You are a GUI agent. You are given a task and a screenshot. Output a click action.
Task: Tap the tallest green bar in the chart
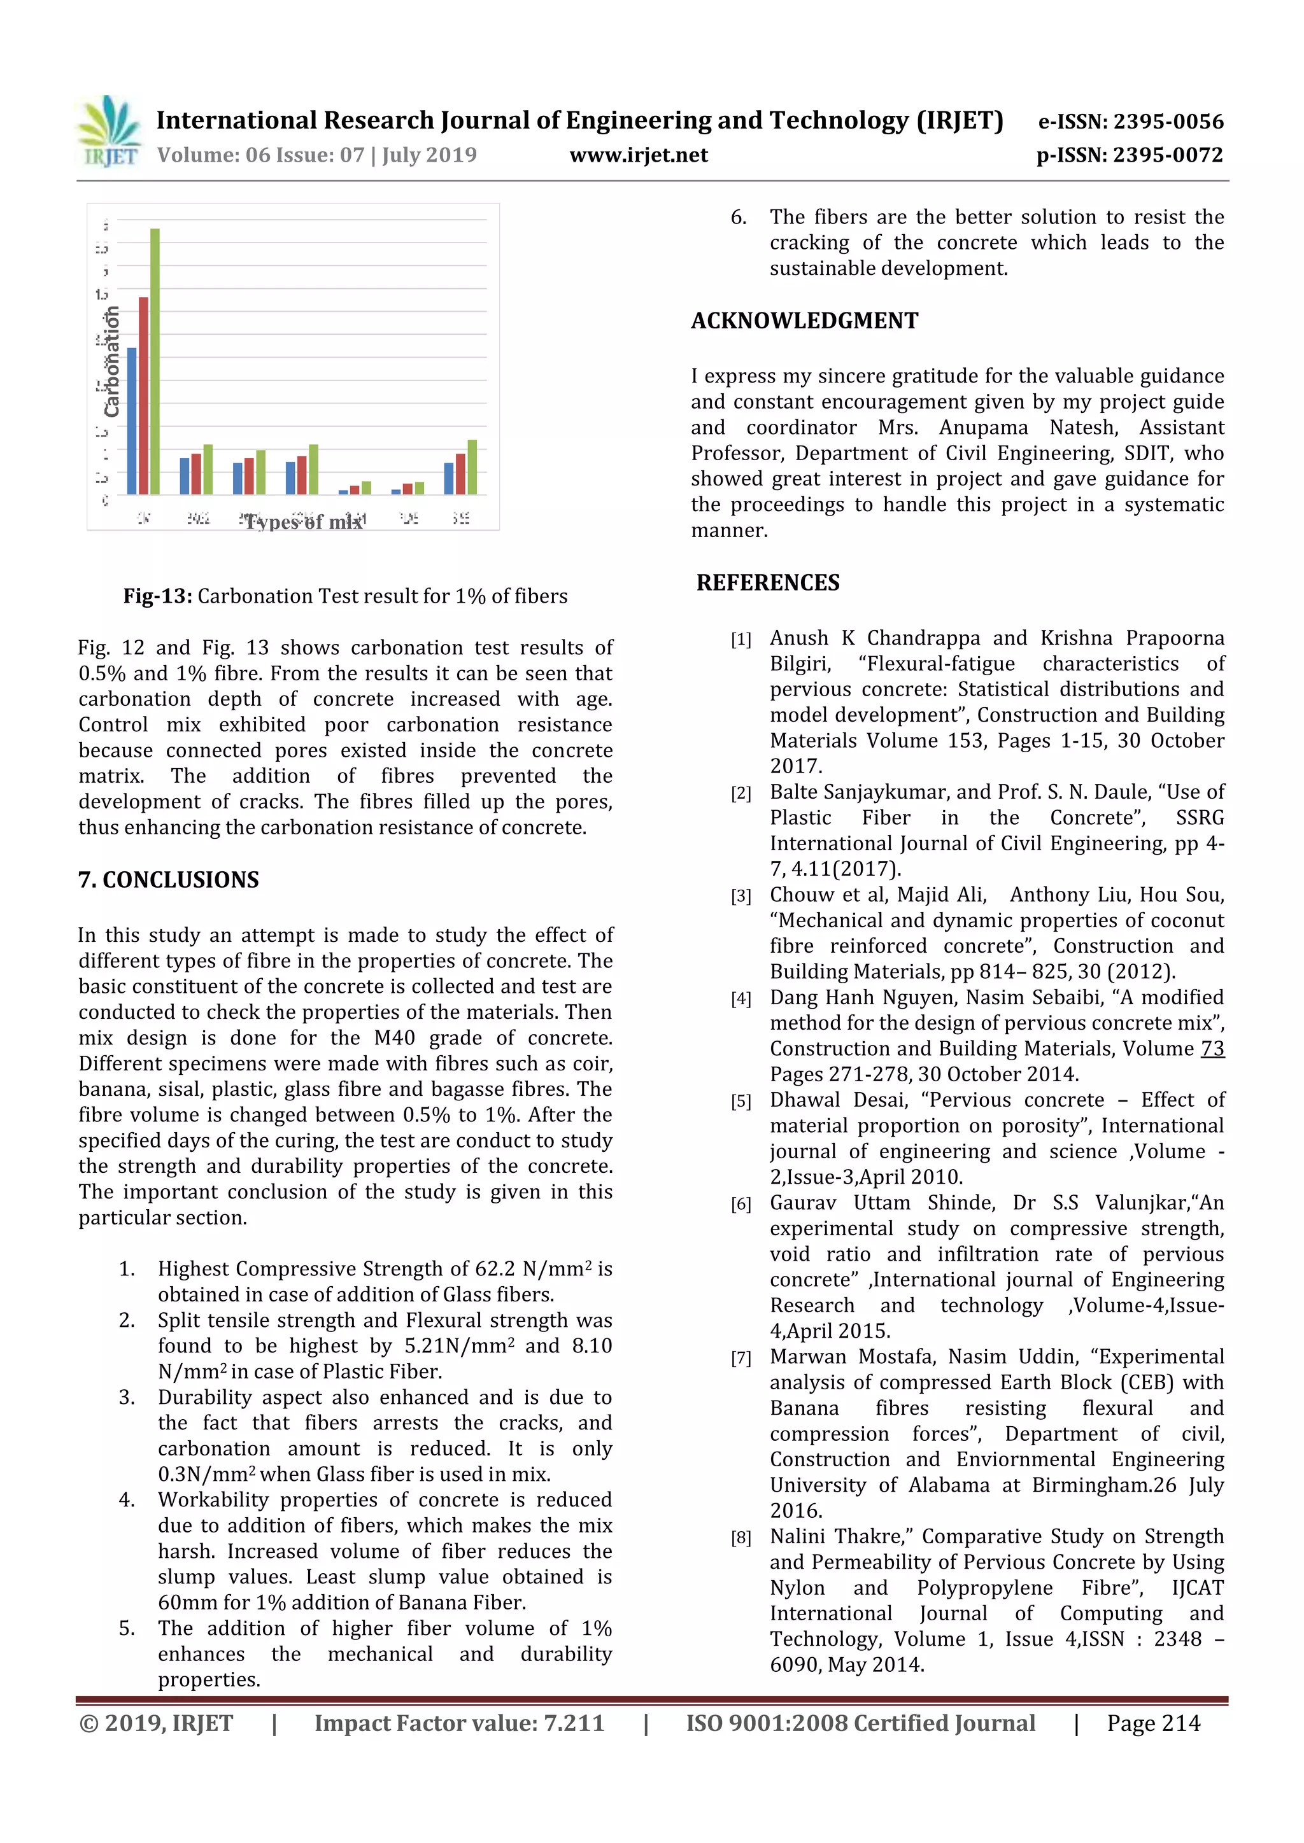155,361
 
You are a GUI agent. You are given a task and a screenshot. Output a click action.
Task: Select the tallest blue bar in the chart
132,421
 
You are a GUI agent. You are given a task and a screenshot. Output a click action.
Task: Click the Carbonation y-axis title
111,362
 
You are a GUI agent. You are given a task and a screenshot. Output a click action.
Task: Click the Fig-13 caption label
157,596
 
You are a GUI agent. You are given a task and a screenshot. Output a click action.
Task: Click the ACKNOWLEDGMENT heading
805,321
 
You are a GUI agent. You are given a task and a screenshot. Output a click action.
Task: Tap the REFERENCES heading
768,583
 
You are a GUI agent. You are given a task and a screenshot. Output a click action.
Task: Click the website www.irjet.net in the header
639,155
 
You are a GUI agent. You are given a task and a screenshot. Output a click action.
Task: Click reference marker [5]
741,1102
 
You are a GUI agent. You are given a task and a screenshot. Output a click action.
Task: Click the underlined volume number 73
1212,1049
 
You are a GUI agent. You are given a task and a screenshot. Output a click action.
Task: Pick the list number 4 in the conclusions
126,1500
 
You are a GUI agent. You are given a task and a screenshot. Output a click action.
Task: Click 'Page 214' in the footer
1153,1723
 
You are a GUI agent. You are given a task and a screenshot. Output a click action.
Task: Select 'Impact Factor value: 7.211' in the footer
459,1723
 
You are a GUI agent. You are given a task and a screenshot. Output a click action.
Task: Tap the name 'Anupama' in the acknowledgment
984,428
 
